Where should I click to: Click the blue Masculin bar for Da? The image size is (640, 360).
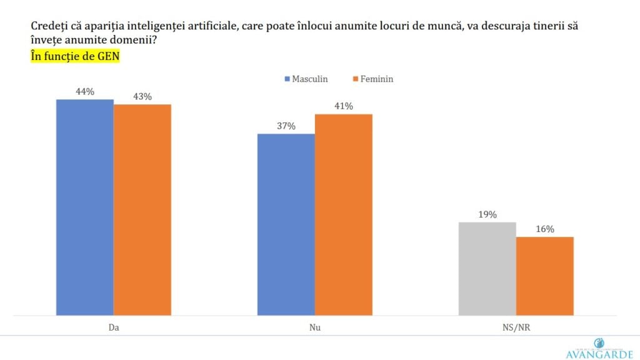(85, 207)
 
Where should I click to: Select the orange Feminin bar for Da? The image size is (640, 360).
(142, 210)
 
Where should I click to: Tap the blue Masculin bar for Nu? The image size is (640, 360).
(286, 224)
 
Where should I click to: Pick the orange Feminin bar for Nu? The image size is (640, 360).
(343, 215)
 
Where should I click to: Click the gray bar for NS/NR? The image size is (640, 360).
(487, 269)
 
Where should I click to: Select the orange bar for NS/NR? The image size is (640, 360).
(544, 276)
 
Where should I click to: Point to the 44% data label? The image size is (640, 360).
(85, 92)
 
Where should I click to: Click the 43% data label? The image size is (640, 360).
(142, 97)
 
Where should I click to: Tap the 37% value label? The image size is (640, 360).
(286, 126)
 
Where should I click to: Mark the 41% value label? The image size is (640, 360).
(343, 106)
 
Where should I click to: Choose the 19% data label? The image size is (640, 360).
(487, 214)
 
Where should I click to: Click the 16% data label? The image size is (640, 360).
(544, 229)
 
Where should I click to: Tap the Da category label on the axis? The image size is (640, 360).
(114, 327)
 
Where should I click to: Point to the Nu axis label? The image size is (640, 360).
(315, 327)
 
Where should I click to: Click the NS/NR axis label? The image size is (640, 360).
(516, 327)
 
